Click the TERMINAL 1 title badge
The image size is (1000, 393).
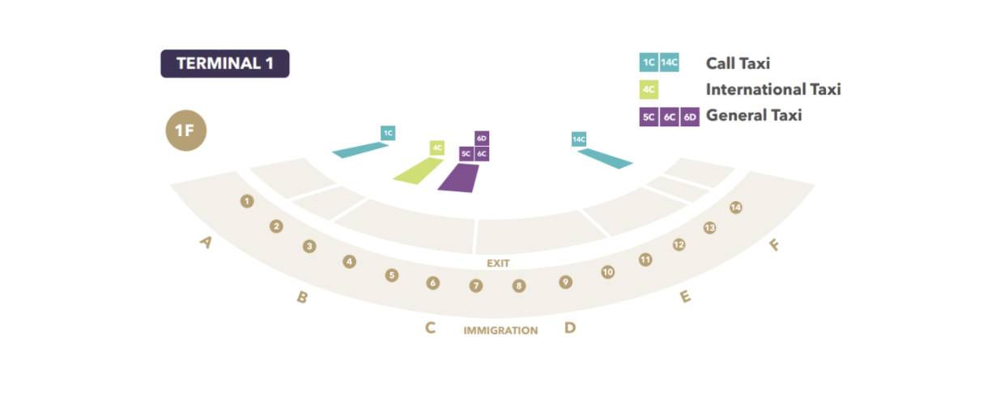tap(224, 64)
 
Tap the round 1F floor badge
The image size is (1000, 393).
tap(186, 130)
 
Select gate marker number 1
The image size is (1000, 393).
tap(247, 201)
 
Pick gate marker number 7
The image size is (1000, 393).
tap(476, 286)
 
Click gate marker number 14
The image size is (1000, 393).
tap(735, 207)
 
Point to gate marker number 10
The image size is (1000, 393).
tap(607, 272)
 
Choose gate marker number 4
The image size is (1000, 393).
tap(349, 262)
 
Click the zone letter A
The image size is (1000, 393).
tap(206, 241)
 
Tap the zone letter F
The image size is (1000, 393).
tap(774, 244)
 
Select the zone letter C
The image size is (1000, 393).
tap(431, 328)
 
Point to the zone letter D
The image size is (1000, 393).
tap(570, 328)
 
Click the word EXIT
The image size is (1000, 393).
tap(498, 264)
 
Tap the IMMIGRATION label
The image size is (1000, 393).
tap(500, 331)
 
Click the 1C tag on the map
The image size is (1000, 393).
tap(388, 133)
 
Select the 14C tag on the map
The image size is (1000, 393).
tap(578, 139)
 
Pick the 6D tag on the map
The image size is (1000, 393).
tap(482, 139)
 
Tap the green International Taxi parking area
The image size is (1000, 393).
tap(418, 171)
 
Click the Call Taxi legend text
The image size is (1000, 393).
tap(738, 63)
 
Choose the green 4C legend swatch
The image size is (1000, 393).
tap(648, 89)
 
